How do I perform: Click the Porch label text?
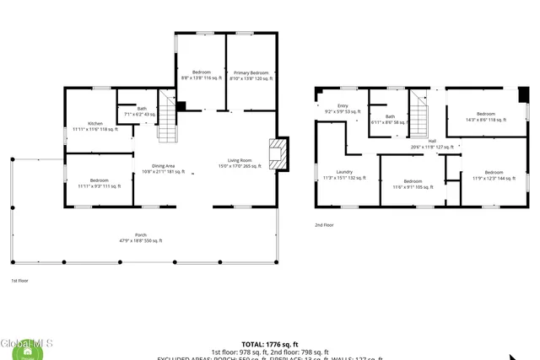coord(140,237)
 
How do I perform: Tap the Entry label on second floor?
coord(342,108)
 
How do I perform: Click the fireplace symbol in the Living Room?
coord(278,154)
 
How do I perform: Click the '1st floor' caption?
coord(19,280)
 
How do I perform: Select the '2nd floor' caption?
coord(324,225)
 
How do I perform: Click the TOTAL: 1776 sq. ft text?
coord(270,345)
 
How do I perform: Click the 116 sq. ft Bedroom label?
coord(201,75)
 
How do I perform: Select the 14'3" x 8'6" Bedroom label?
coord(486,116)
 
